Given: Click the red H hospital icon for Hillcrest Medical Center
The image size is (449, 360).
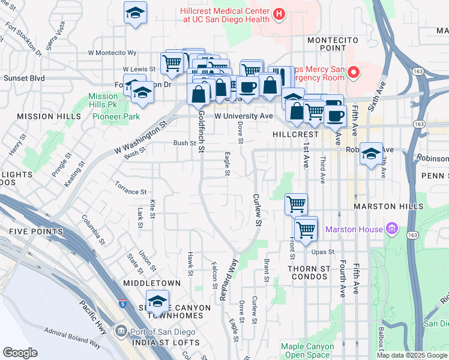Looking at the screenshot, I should coord(279,14).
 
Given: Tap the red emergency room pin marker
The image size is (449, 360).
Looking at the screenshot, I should coord(354,73).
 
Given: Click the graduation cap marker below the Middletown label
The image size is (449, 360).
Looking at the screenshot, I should coord(157,301).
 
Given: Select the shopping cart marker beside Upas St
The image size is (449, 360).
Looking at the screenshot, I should coord(306,229).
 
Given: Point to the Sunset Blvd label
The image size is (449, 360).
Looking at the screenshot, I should coord(24,78).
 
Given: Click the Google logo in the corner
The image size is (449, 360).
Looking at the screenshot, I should coord(20,353).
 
